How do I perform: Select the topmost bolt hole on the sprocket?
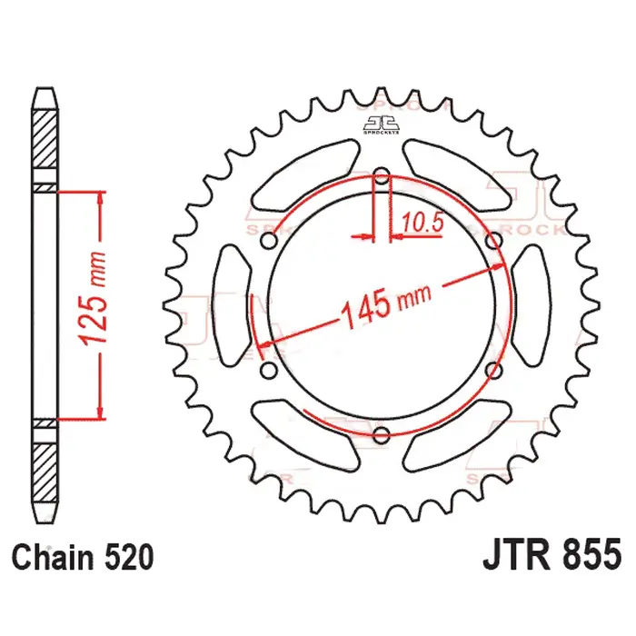382,176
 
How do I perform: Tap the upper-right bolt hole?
493,241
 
